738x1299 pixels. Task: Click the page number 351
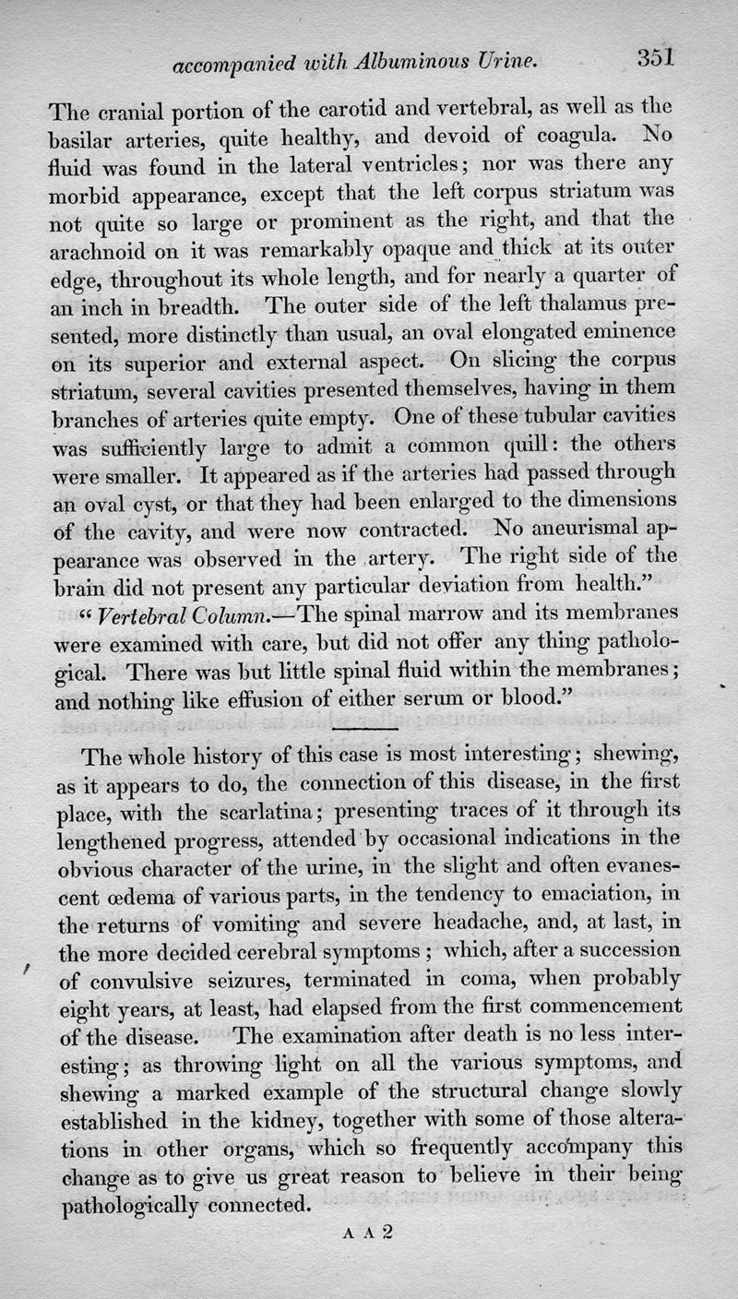point(656,58)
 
